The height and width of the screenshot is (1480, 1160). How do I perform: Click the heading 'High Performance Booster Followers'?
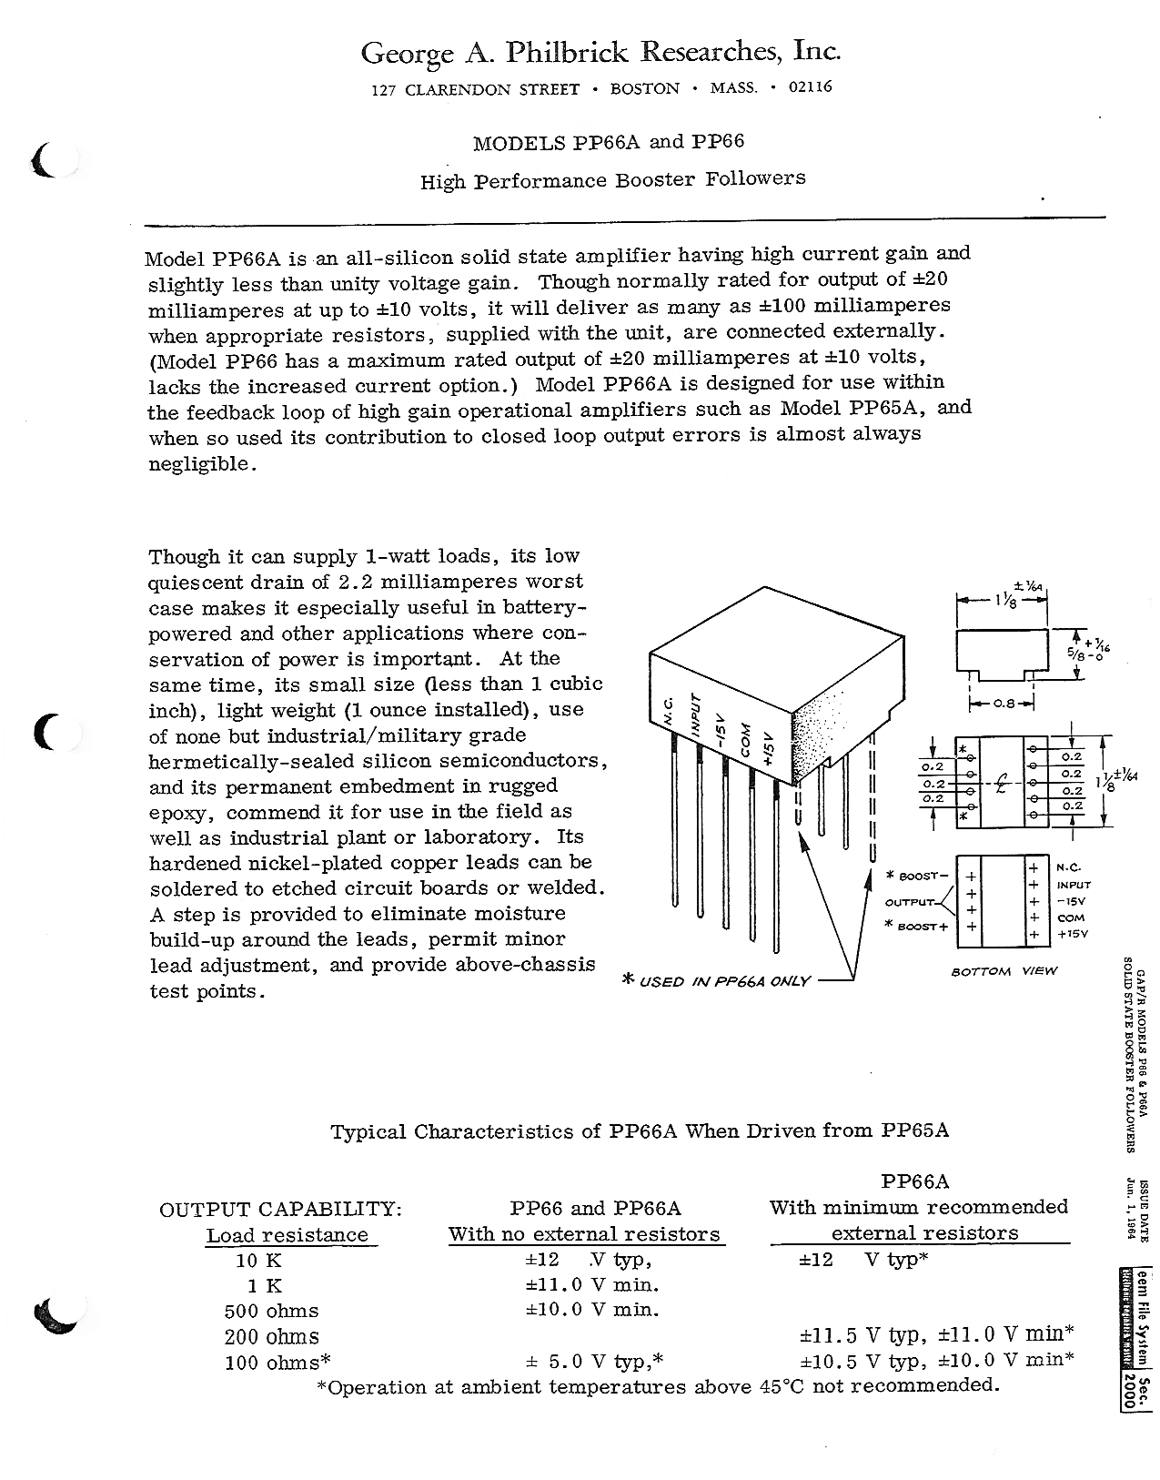pos(612,179)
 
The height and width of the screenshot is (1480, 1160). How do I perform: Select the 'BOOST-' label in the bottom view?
pos(919,877)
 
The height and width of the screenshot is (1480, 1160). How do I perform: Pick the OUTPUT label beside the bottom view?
pos(910,903)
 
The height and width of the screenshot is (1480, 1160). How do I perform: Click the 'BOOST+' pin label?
pos(919,928)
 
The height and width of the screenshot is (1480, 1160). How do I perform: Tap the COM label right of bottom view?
pos(1070,918)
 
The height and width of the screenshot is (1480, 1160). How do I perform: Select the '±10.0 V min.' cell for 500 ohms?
pos(592,1311)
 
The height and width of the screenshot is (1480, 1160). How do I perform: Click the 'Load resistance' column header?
pos(287,1235)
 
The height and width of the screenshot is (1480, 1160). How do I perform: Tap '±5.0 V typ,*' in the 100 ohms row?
pos(595,1363)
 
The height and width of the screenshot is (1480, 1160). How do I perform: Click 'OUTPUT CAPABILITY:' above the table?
pos(279,1209)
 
